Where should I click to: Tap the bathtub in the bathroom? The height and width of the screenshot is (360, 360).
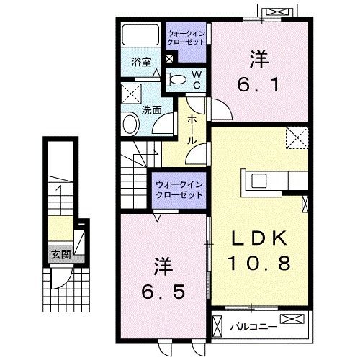[x=140, y=35]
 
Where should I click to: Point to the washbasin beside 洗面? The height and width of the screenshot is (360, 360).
[x=130, y=124]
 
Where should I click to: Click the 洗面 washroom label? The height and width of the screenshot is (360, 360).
[x=150, y=111]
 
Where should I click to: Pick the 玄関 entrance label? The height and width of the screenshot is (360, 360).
[x=60, y=253]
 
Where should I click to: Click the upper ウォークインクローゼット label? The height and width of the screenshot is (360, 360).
[x=186, y=38]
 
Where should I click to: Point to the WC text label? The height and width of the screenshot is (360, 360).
[x=195, y=79]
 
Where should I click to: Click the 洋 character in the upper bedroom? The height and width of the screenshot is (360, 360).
[x=257, y=56]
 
